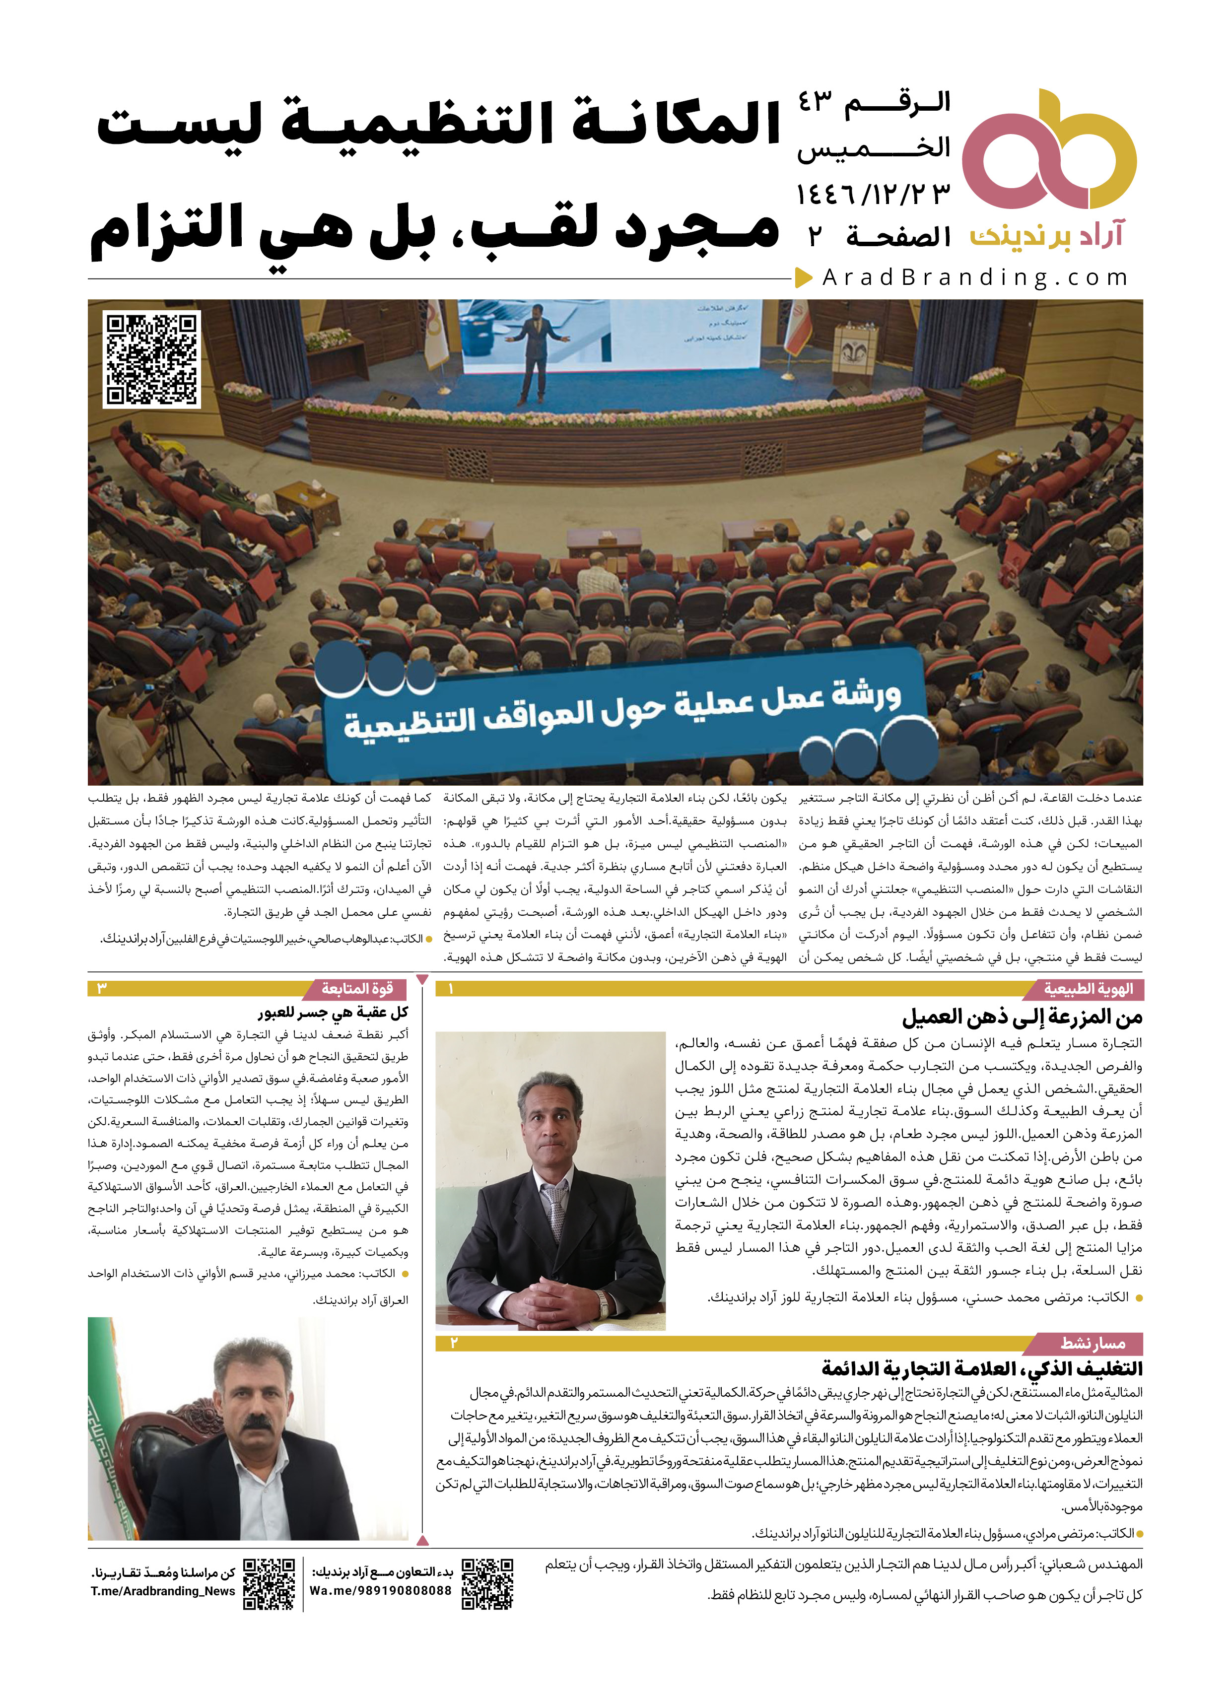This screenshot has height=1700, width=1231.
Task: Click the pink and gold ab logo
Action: click(1049, 150)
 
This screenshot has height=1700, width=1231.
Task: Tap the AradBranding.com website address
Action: click(974, 278)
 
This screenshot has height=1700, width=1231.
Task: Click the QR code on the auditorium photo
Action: click(152, 360)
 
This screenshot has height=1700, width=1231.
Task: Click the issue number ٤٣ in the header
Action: click(815, 102)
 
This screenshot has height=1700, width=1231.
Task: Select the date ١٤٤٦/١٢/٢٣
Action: click(874, 194)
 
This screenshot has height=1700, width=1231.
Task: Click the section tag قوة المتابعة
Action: click(357, 989)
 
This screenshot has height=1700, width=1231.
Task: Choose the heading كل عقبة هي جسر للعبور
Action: click(334, 1013)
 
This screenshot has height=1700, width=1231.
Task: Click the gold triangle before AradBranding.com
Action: click(804, 278)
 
